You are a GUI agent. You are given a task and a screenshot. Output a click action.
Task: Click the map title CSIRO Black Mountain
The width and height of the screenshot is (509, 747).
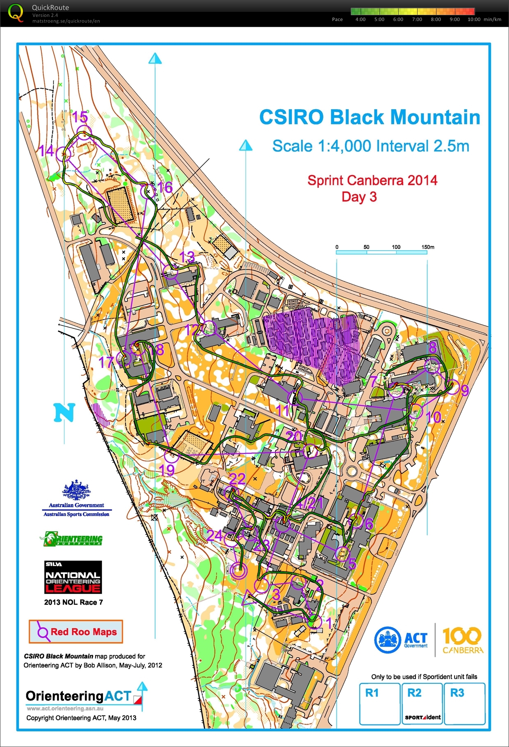tap(370, 117)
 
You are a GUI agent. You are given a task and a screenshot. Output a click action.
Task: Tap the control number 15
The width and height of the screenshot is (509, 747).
tap(80, 117)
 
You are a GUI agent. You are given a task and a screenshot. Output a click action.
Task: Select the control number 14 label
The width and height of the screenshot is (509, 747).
tap(46, 151)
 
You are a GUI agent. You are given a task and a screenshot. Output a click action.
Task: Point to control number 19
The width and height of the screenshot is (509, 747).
tap(167, 470)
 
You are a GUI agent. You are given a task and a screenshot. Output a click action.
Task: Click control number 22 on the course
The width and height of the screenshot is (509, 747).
tap(237, 479)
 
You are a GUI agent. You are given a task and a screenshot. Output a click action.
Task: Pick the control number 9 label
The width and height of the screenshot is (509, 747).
tap(464, 390)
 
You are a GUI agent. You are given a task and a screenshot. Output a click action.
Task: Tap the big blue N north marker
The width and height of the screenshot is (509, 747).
tap(64, 412)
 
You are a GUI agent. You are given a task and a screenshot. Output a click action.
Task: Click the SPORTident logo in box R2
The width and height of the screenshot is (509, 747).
tap(423, 717)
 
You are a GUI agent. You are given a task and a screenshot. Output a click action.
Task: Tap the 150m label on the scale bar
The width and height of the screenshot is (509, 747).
tap(427, 247)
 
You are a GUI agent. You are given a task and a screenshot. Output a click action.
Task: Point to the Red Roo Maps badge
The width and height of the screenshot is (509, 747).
tap(76, 632)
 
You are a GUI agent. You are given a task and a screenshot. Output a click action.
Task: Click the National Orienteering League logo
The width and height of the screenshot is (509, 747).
tap(73, 577)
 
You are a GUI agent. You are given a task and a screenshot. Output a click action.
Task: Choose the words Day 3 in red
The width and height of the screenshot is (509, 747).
tap(359, 197)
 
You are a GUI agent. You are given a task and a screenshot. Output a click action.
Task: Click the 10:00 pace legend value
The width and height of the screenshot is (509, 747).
tap(474, 19)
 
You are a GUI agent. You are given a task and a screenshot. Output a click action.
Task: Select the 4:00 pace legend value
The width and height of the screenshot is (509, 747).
tap(360, 19)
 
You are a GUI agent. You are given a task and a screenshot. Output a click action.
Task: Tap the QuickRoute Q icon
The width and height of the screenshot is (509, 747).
tap(16, 12)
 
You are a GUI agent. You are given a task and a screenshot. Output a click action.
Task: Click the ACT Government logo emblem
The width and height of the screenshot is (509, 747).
tap(387, 640)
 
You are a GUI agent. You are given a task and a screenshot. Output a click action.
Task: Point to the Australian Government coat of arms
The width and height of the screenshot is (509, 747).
tap(76, 491)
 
